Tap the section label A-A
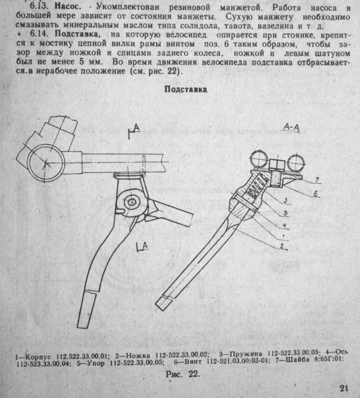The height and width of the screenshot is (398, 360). coord(292,126)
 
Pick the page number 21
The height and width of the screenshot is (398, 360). coord(344,388)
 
